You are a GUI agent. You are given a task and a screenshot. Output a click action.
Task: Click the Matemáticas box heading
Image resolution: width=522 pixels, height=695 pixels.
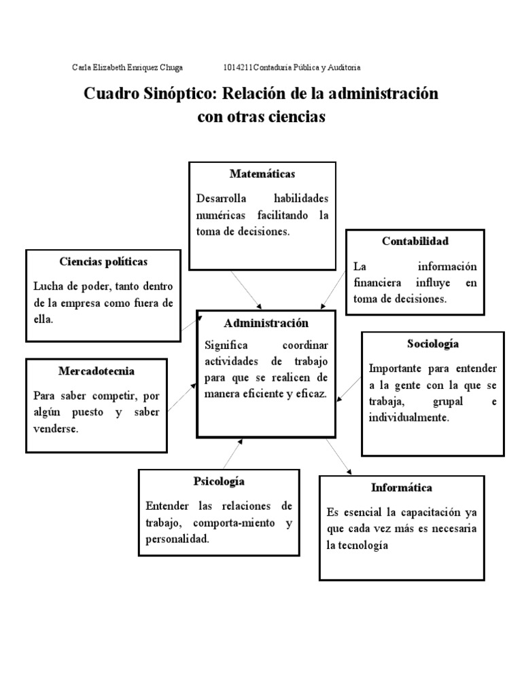[262, 174]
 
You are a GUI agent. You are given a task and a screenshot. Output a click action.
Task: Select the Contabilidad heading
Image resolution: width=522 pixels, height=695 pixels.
[415, 241]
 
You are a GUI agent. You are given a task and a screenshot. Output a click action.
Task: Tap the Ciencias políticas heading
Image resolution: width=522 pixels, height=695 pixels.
[103, 261]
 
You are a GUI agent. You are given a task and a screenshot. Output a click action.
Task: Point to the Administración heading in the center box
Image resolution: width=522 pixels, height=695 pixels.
[266, 323]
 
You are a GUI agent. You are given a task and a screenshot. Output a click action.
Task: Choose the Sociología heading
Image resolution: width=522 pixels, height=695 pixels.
[433, 344]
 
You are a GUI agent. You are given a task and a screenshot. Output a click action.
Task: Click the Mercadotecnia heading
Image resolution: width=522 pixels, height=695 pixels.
[97, 371]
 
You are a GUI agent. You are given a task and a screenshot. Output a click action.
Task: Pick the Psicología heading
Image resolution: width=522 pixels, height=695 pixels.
[219, 481]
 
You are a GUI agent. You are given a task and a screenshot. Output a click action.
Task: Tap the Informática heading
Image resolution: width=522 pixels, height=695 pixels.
[402, 487]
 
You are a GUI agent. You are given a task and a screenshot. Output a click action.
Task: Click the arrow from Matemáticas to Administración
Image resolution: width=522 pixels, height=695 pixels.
[245, 288]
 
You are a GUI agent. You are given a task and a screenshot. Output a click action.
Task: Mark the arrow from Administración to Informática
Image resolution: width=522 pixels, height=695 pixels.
[339, 457]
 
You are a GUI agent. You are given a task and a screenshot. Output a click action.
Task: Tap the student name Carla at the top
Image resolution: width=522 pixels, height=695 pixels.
[82, 68]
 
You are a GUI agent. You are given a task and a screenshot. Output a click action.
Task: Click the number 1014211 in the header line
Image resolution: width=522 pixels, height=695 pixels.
[238, 68]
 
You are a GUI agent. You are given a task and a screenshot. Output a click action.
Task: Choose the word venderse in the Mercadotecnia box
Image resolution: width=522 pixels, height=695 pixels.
[56, 430]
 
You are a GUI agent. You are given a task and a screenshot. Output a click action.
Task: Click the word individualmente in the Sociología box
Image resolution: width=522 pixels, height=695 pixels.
[408, 418]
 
